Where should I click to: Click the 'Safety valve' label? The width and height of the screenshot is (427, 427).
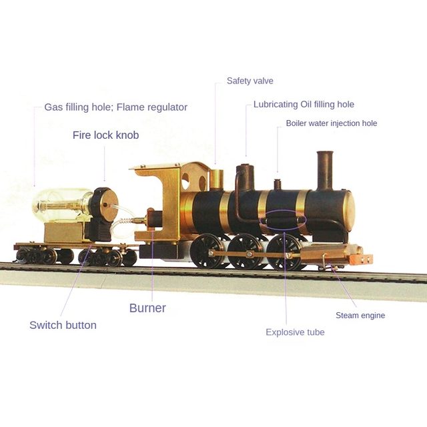tap(250, 81)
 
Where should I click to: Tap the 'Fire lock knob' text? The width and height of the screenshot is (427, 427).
tap(105, 135)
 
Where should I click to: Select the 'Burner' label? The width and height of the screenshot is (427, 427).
tap(147, 308)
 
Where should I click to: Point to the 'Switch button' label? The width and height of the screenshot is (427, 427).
tap(63, 325)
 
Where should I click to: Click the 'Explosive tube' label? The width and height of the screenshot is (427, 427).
tap(295, 332)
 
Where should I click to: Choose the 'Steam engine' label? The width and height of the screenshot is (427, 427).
tap(360, 316)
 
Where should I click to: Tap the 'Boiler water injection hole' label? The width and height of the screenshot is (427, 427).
tap(332, 123)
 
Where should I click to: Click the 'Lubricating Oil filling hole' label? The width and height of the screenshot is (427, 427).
tap(304, 104)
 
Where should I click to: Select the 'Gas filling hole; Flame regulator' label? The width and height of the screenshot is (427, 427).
tap(115, 107)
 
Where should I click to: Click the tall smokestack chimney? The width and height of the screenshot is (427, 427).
tap(325, 171)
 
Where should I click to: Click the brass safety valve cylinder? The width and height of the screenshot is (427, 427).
tap(216, 179)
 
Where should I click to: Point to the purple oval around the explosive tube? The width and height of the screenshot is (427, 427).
tap(283, 221)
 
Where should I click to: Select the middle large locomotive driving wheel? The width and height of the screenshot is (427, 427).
tap(244, 252)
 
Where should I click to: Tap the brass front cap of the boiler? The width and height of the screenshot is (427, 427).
tap(350, 207)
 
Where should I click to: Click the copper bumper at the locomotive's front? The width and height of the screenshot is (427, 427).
tap(361, 259)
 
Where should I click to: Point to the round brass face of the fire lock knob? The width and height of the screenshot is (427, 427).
tap(109, 205)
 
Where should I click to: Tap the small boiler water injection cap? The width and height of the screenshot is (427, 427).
tap(278, 184)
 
